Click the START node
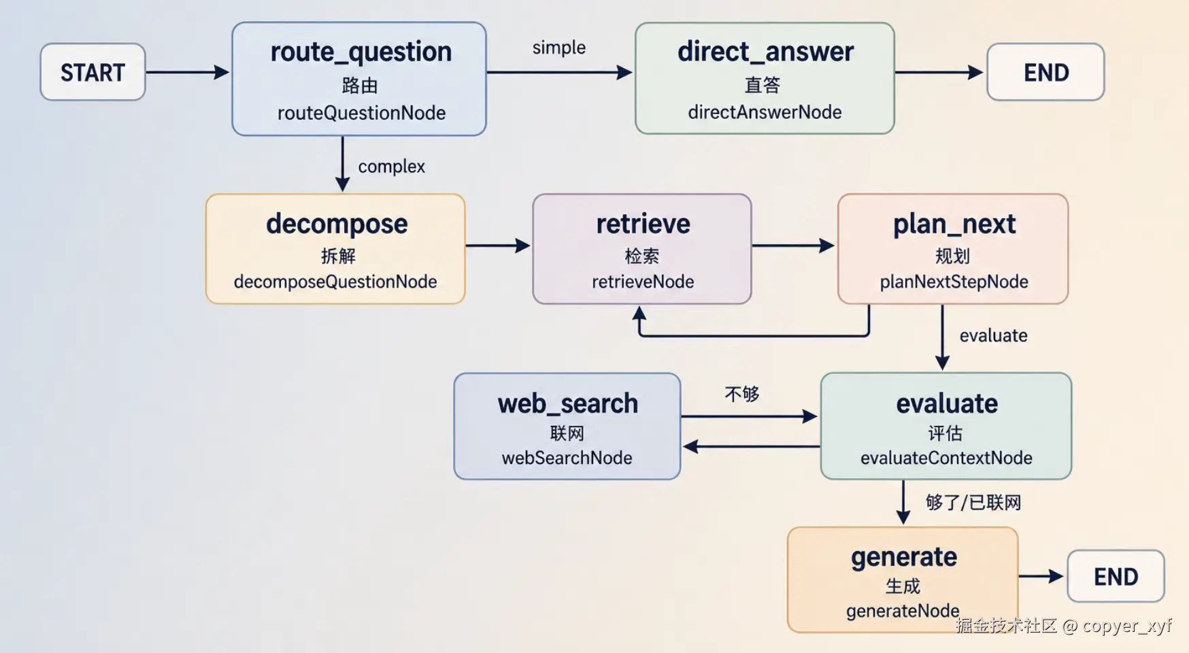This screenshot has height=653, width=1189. point(93,72)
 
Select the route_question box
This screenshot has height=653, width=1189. point(359,79)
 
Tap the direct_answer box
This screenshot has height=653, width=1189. point(765,78)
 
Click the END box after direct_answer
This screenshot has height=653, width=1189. point(1045,72)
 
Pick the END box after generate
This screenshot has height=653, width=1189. point(1116,576)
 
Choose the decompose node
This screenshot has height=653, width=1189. point(335,249)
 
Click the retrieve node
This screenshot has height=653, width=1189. point(642,249)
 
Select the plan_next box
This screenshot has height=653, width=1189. point(953,249)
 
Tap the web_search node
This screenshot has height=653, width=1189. point(567,426)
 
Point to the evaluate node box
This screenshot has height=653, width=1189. point(946,426)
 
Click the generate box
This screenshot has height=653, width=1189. point(903,580)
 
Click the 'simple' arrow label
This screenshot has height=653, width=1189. point(558,48)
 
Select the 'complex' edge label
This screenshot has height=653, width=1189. point(391,167)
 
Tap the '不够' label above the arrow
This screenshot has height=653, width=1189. point(742,394)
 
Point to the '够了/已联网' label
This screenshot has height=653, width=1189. point(973,503)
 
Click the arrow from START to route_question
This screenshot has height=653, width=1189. point(188,72)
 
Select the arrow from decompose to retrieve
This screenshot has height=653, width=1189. point(498,246)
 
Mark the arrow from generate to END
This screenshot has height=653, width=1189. point(1041,576)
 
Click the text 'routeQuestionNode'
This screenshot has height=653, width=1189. point(361,113)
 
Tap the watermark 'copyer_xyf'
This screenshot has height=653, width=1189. point(1126,626)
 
